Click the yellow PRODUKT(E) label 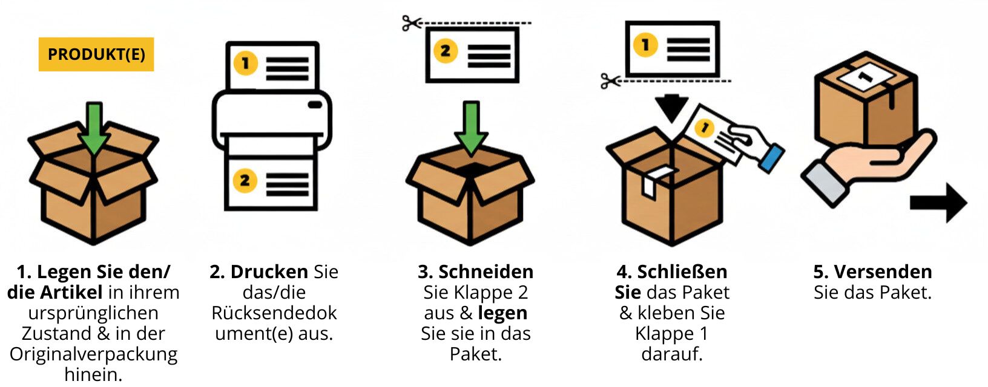[x=96, y=54]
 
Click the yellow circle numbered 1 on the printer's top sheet [x=245, y=63]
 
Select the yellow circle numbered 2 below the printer [x=245, y=180]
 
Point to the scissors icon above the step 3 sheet [x=412, y=24]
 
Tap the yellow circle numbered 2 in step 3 [x=445, y=51]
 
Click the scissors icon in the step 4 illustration [x=610, y=80]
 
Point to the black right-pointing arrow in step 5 [x=938, y=203]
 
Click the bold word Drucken [x=269, y=272]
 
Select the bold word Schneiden [x=486, y=272]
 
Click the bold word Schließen [x=682, y=272]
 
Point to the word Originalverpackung [x=94, y=354]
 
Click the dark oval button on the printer [x=315, y=105]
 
